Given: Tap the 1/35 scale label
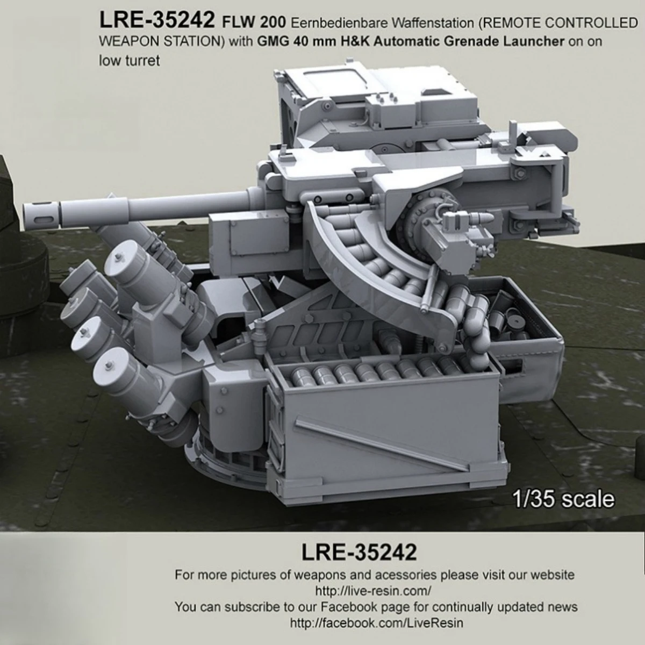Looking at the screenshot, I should (563, 499).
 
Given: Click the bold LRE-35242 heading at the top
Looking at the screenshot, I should (157, 21).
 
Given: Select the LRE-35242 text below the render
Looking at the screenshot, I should (359, 552).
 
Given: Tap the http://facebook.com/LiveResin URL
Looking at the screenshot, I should (376, 623).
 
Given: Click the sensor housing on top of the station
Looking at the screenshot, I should (376, 107).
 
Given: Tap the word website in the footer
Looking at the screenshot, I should (553, 575).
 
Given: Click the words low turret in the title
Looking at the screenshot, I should (129, 61).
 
